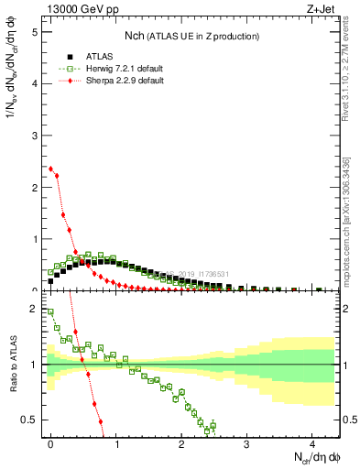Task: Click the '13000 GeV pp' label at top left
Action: pos(78,10)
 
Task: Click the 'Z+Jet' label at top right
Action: pos(320,10)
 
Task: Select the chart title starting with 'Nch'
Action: pos(191,35)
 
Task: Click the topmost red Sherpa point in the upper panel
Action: pos(50,169)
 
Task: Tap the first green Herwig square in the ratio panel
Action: pos(50,311)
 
